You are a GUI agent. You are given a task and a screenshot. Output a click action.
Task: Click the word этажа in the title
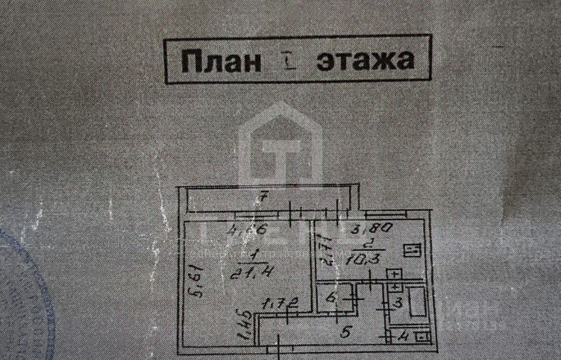tap(366, 60)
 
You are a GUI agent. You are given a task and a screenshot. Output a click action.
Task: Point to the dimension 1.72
tap(280, 302)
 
